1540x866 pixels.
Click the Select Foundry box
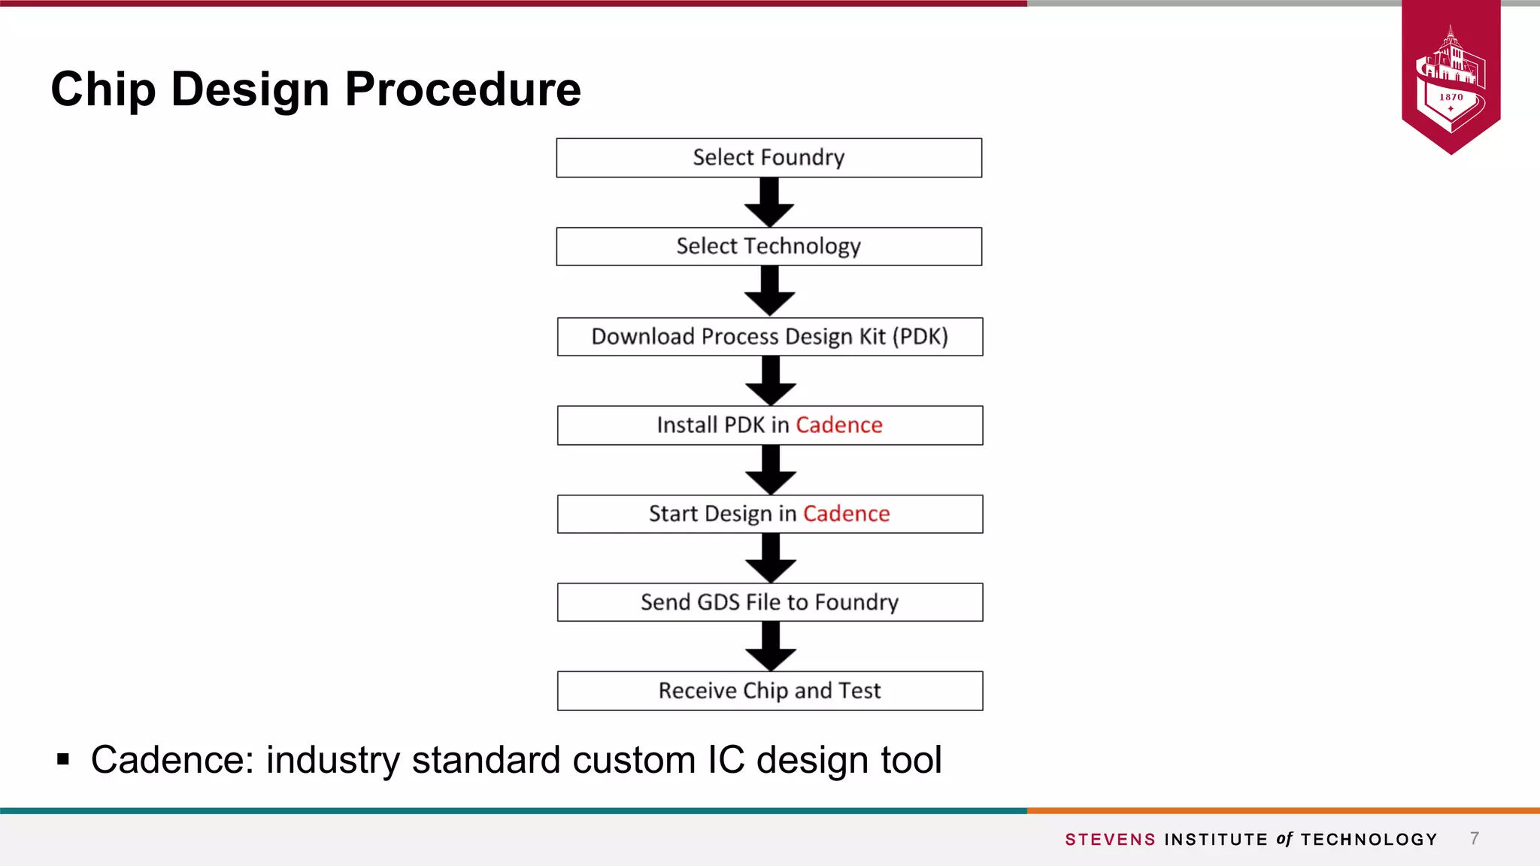click(x=768, y=158)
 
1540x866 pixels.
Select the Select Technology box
click(x=768, y=247)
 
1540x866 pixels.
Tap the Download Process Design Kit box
click(x=769, y=337)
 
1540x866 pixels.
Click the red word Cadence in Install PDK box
click(x=838, y=425)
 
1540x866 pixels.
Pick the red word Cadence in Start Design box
click(x=846, y=514)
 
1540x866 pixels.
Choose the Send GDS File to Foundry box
click(x=769, y=602)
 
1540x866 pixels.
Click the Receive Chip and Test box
click(x=769, y=691)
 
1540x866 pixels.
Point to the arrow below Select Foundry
click(x=769, y=202)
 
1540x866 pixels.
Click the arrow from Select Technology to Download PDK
click(x=769, y=291)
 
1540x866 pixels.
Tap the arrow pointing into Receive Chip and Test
click(x=770, y=646)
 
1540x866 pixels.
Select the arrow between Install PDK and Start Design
click(x=770, y=470)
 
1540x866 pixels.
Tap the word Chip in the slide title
click(x=104, y=89)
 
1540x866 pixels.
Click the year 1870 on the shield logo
click(x=1451, y=97)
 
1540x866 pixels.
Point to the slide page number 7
click(x=1475, y=838)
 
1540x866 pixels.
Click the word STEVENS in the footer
click(x=1110, y=840)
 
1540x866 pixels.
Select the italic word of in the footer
click(x=1284, y=839)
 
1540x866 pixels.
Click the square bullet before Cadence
click(x=63, y=760)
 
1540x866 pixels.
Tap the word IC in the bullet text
click(x=726, y=760)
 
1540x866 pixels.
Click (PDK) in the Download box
click(x=920, y=337)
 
